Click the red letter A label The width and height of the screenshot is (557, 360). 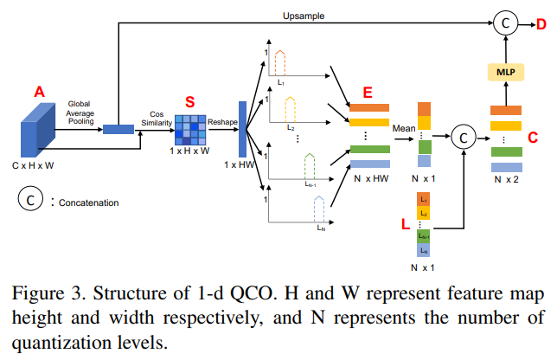[38, 92]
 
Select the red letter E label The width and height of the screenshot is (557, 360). [368, 92]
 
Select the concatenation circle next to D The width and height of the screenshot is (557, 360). [504, 25]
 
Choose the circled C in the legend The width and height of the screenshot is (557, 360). [29, 200]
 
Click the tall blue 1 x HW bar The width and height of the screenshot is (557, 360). [243, 128]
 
